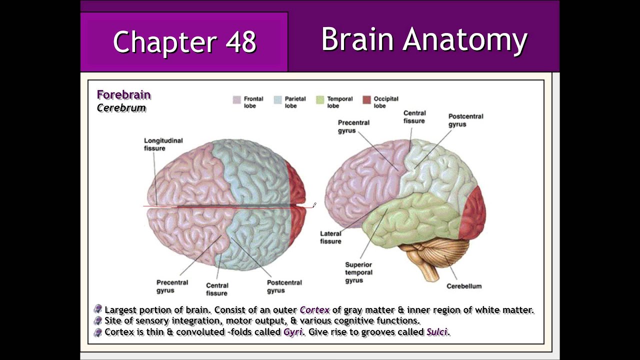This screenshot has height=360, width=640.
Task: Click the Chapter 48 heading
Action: click(184, 42)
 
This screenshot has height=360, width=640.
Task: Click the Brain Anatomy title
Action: click(424, 39)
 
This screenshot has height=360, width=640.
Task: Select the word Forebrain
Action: click(123, 95)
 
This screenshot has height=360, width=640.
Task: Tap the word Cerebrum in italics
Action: click(121, 108)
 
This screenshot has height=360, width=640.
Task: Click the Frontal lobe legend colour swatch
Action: click(236, 99)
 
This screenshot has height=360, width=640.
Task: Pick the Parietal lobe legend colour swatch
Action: click(277, 99)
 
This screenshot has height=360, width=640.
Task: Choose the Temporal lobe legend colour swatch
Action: click(320, 99)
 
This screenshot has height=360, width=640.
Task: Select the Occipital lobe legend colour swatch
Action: click(366, 99)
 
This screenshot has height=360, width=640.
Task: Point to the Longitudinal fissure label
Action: click(163, 144)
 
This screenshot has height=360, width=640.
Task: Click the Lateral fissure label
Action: click(330, 237)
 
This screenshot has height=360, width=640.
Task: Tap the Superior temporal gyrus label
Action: click(358, 272)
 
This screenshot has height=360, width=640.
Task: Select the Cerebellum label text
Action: click(464, 286)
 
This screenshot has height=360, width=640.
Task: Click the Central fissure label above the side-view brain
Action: click(414, 117)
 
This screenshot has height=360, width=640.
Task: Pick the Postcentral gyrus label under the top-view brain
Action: click(284, 286)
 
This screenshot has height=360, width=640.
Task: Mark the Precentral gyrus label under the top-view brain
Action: click(172, 286)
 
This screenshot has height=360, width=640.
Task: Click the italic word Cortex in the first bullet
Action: click(314, 310)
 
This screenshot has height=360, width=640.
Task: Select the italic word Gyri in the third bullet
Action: click(293, 332)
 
